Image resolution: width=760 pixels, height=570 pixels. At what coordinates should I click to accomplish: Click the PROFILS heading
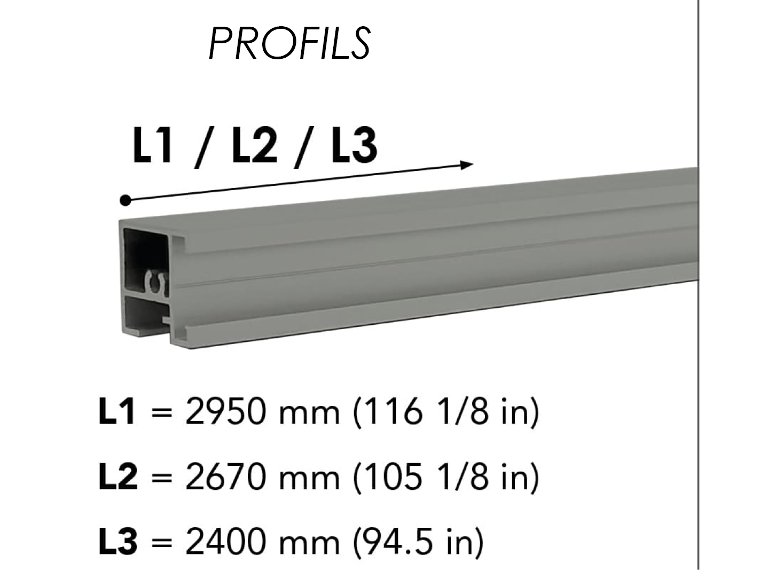click(x=290, y=44)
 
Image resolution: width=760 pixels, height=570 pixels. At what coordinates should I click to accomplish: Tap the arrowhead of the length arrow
click(x=467, y=165)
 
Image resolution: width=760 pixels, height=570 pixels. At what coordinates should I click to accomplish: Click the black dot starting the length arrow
click(x=126, y=200)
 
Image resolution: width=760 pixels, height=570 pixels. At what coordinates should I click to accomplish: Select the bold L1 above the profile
click(x=152, y=145)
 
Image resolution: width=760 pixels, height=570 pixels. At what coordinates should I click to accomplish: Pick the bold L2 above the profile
click(x=254, y=145)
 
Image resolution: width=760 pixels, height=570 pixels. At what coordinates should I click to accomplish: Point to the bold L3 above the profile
click(x=354, y=145)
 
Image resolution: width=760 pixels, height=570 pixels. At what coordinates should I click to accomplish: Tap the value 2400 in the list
click(x=226, y=542)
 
